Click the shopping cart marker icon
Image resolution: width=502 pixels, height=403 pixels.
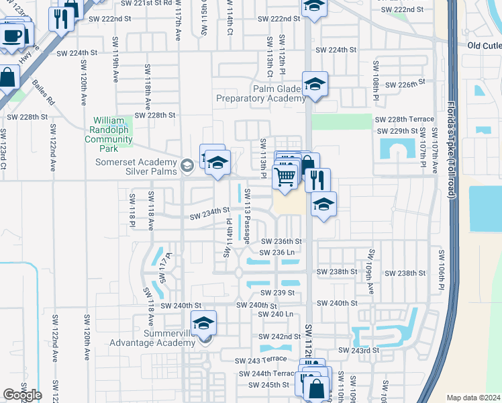tap(285, 177)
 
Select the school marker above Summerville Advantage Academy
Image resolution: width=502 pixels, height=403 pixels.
tap(204, 323)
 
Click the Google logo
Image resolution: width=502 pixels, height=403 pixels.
tap(22, 395)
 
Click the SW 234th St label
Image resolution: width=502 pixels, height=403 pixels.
tap(209, 214)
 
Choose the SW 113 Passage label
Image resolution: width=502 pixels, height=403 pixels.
tap(247, 216)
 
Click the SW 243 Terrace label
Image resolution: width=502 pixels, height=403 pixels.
tap(261, 361)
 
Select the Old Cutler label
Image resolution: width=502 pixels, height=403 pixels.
tap(485, 46)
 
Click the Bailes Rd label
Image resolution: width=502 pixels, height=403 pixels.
tap(44, 94)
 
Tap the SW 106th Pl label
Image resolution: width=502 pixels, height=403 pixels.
tap(441, 270)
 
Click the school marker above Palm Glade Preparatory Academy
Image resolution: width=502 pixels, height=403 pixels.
tap(315, 84)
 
